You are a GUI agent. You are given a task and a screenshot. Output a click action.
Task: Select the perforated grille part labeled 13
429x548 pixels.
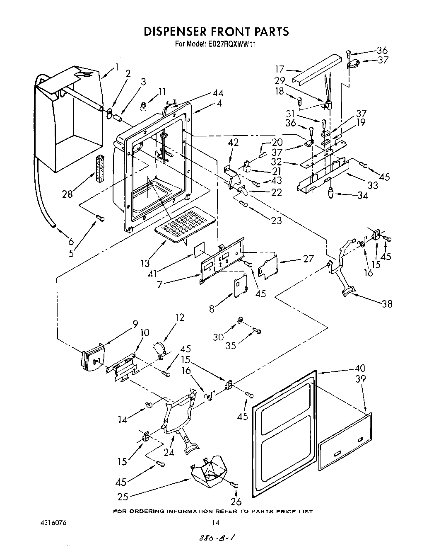tap(184, 226)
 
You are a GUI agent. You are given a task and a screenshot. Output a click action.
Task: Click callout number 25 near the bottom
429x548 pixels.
tap(123, 496)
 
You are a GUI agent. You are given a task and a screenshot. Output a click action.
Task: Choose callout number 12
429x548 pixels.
tap(179, 318)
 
